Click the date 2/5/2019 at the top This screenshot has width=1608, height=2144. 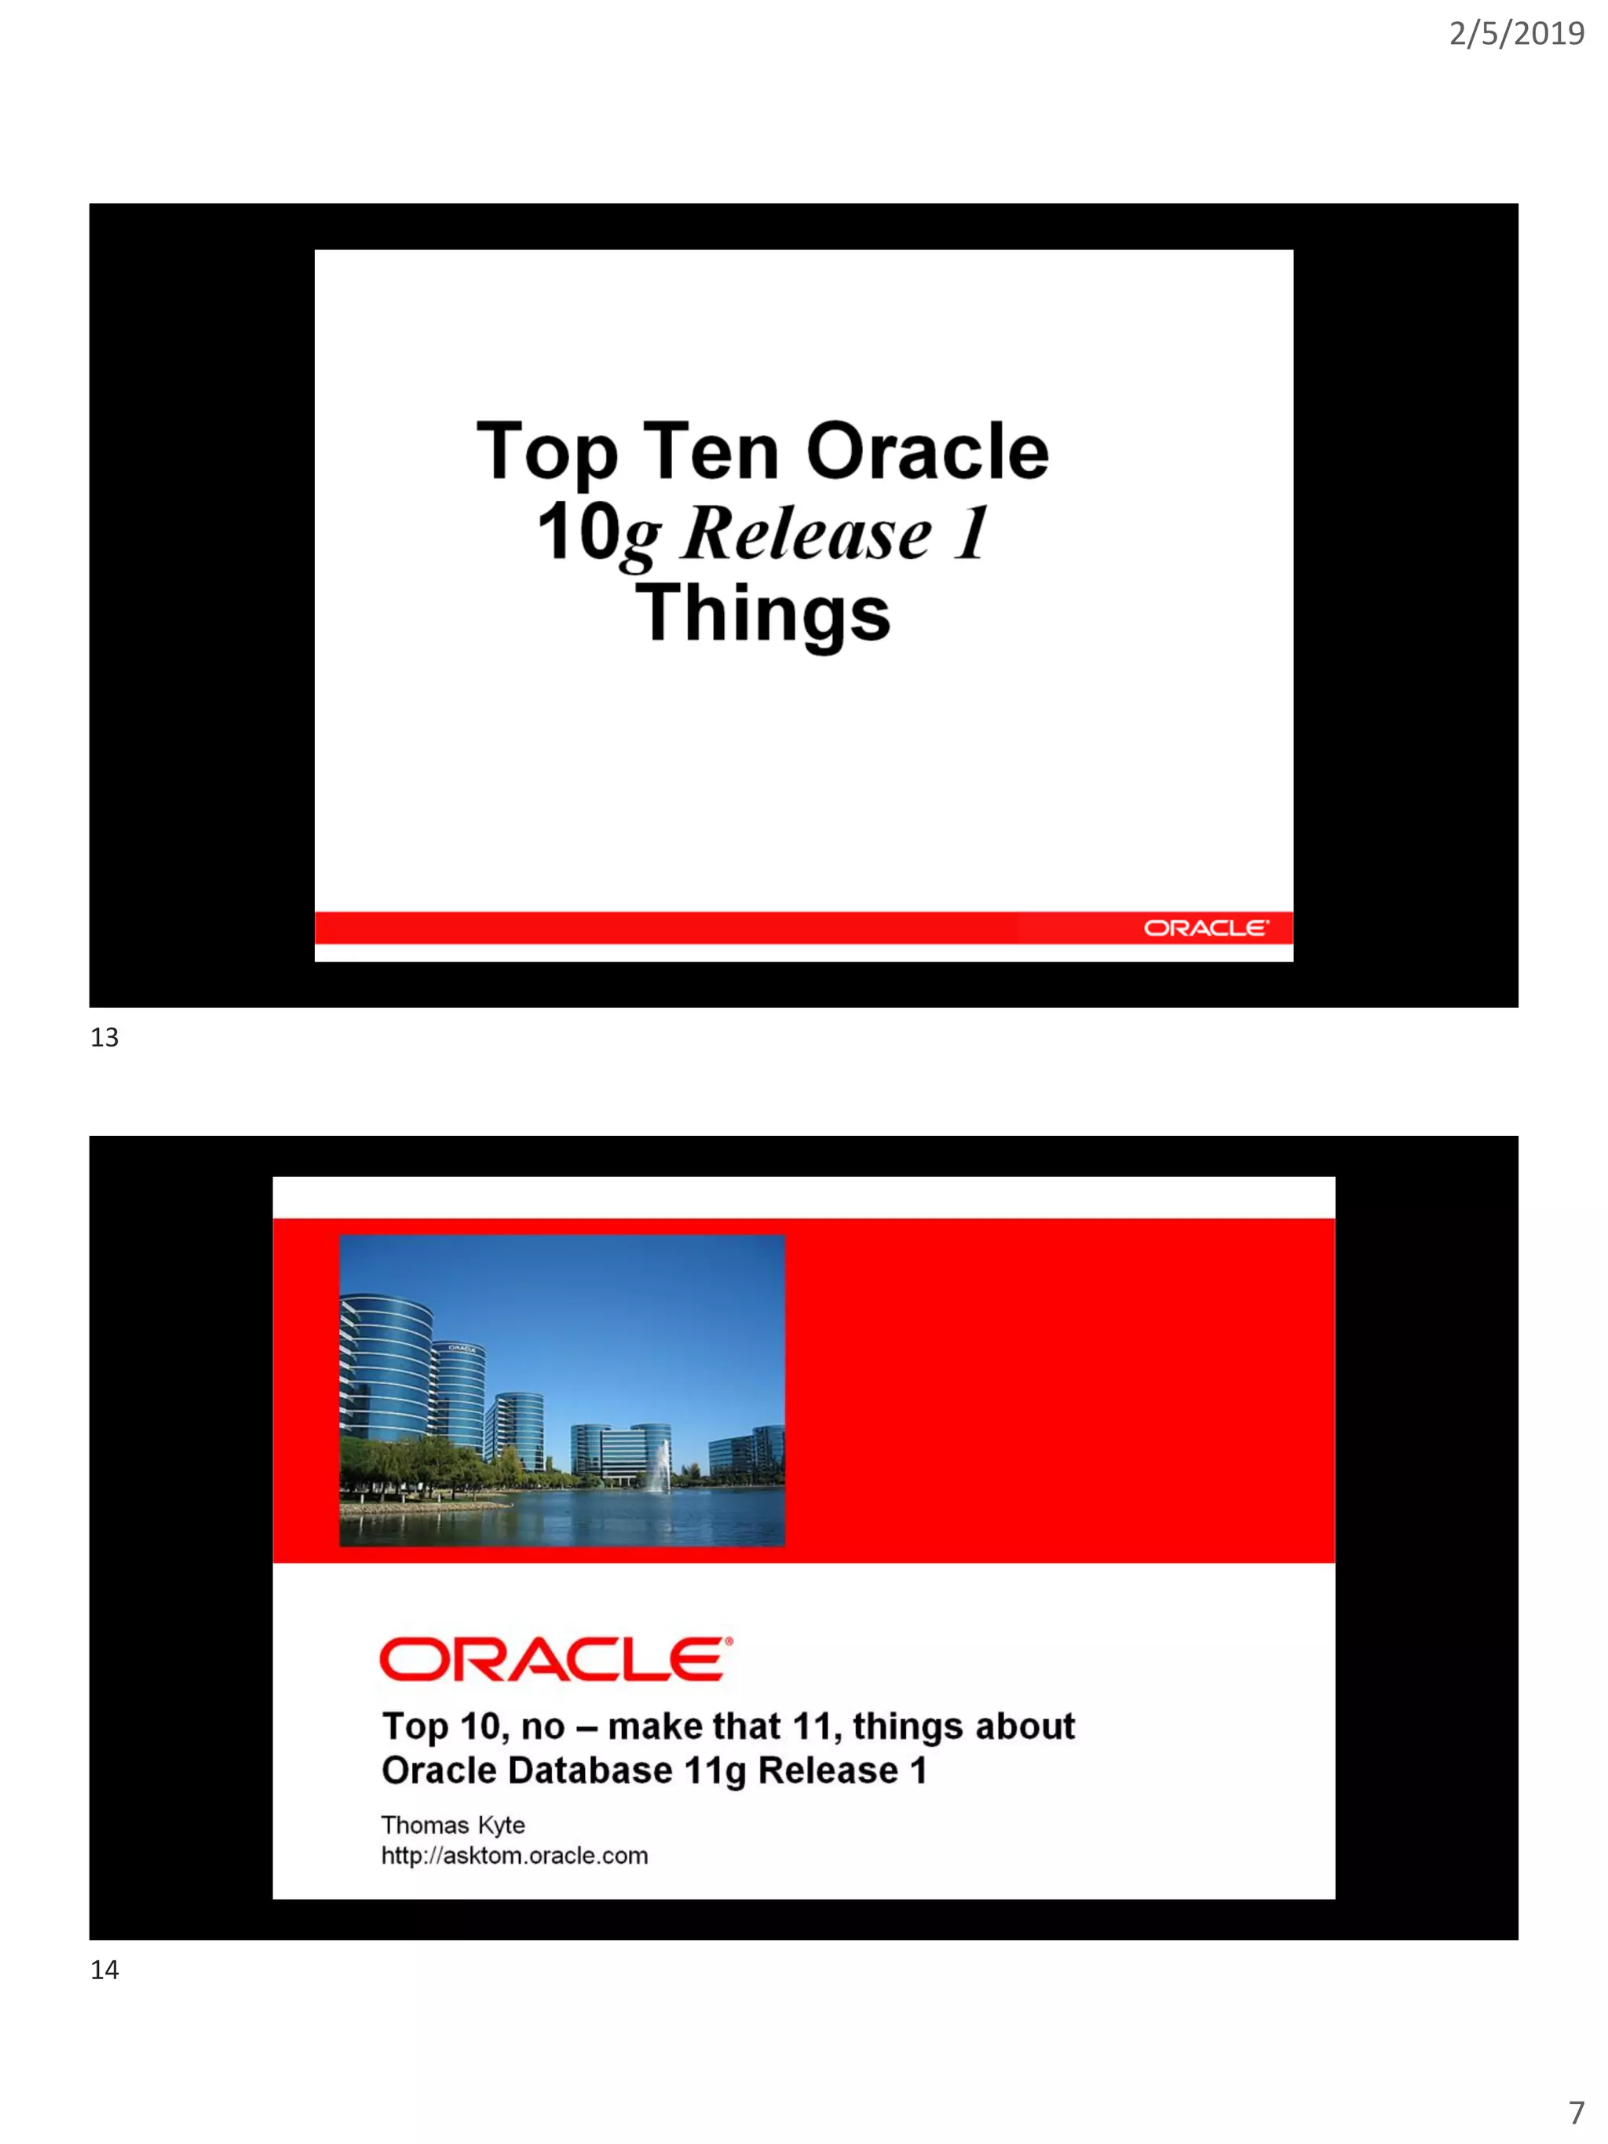pos(1516,34)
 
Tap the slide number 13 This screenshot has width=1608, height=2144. pos(104,1038)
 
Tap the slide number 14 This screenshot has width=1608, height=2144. pos(104,1971)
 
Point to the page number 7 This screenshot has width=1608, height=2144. pos(1576,2112)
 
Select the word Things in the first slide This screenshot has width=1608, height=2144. pos(763,614)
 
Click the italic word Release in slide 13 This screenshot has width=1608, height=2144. pos(806,533)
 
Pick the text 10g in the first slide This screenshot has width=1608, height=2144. pos(598,533)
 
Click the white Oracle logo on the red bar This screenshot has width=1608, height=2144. pos(1204,929)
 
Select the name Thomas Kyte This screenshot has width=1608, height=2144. pos(453,1825)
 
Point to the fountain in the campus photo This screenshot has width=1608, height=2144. pos(660,1466)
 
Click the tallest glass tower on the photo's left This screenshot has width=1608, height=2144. pos(385,1367)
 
